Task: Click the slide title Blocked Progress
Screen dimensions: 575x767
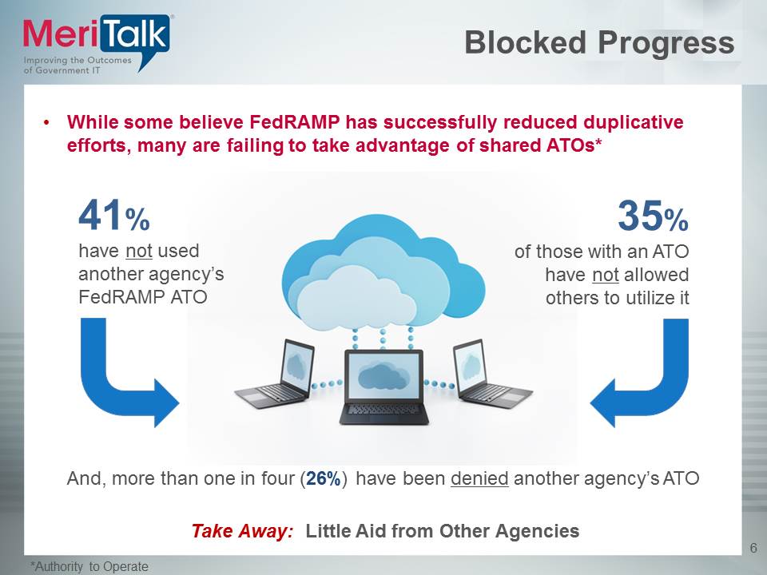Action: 599,43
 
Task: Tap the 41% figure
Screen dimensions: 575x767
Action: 113,216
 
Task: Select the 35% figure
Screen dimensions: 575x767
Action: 652,216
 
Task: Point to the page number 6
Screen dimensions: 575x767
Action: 753,547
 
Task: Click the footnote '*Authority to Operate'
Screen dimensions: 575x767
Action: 89,566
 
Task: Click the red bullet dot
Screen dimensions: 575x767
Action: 47,124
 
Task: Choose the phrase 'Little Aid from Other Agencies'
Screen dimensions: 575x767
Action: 443,531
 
